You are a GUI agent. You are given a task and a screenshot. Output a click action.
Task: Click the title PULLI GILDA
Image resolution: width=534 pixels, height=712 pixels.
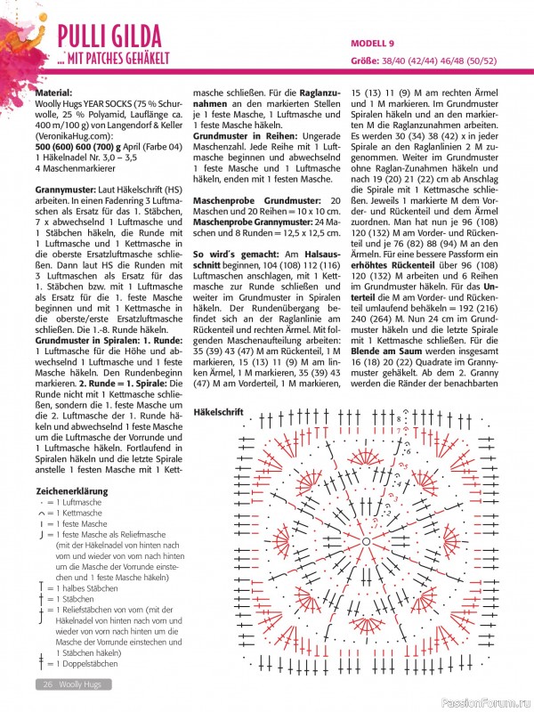coord(109,36)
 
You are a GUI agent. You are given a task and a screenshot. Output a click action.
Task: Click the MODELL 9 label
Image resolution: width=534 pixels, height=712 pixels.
coord(372,43)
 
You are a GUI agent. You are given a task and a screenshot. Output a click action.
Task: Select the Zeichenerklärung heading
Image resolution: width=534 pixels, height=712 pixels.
coord(71,490)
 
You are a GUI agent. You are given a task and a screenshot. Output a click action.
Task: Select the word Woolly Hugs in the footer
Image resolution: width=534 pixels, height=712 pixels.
coord(85,684)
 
